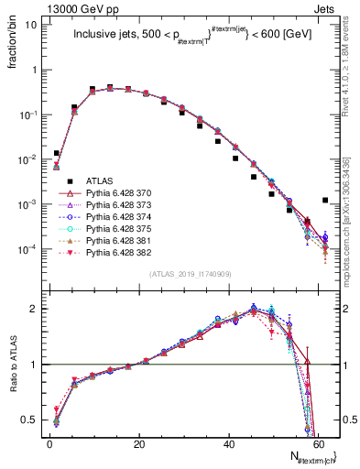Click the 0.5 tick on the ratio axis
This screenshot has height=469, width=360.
(29, 420)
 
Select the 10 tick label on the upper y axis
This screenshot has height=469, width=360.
(29, 25)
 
